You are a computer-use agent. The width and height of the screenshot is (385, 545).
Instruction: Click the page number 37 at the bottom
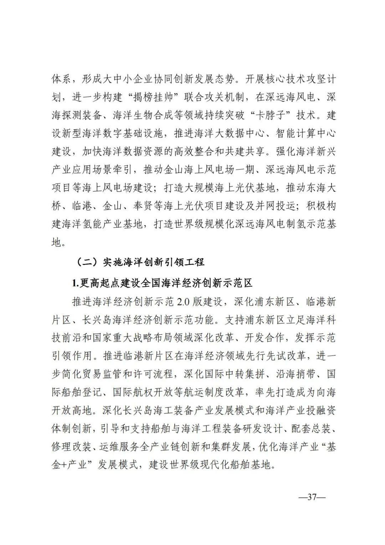pyautogui.click(x=312, y=497)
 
